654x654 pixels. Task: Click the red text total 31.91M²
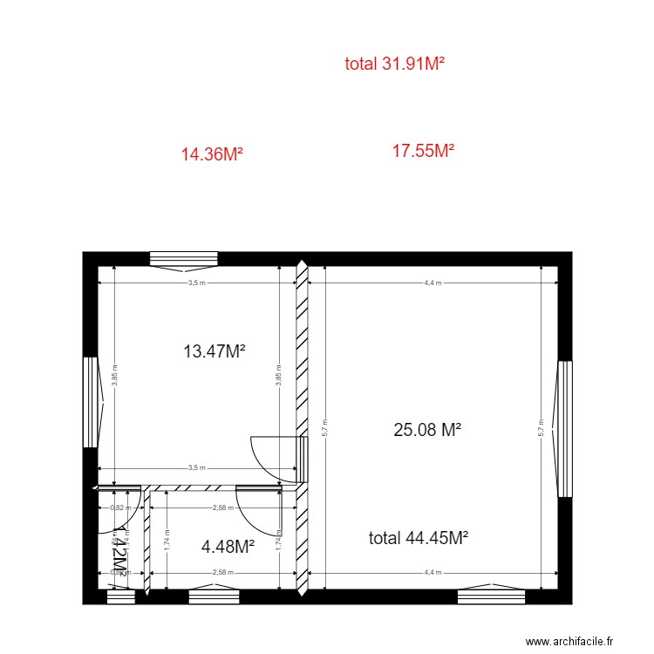point(395,63)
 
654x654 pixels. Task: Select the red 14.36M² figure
point(211,154)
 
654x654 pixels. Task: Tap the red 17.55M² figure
point(423,151)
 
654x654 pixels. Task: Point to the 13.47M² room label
point(214,351)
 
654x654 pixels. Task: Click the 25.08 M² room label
point(427,429)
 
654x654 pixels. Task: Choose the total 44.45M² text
point(419,538)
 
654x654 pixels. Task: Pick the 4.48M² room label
point(228,547)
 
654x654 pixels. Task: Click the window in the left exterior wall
point(90,402)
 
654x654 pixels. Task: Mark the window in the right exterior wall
point(565,429)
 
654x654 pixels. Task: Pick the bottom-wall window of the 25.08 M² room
point(492,596)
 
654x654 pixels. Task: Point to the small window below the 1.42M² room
point(120,596)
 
